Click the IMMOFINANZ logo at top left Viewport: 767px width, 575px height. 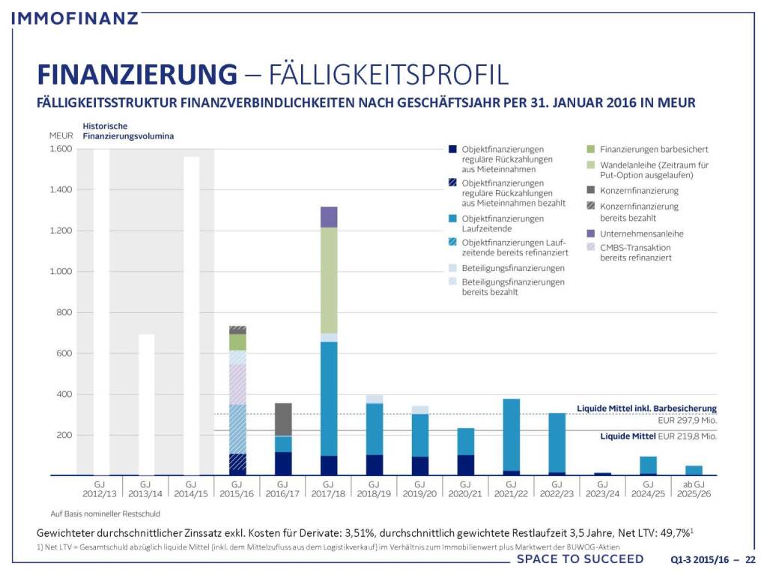click(x=76, y=16)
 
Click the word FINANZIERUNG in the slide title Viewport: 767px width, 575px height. click(x=136, y=75)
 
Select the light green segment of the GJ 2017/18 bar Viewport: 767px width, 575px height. click(x=328, y=280)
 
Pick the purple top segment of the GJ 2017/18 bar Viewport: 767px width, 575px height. click(x=328, y=216)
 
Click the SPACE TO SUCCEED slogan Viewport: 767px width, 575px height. click(x=580, y=559)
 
